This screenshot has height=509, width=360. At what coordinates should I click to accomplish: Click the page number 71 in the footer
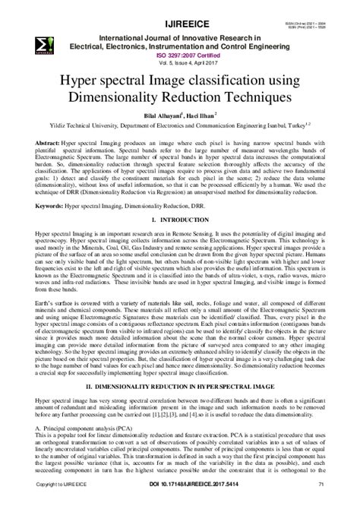(x=322, y=502)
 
